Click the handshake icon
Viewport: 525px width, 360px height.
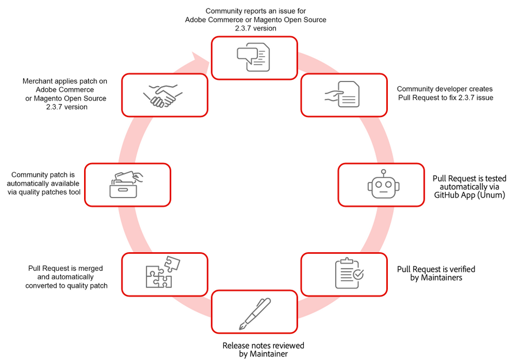pyautogui.click(x=160, y=96)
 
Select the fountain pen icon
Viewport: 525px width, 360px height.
pyautogui.click(x=255, y=313)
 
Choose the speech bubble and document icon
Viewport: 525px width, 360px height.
pyautogui.click(x=254, y=57)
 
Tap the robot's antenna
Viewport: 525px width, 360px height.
pyautogui.click(x=384, y=172)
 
